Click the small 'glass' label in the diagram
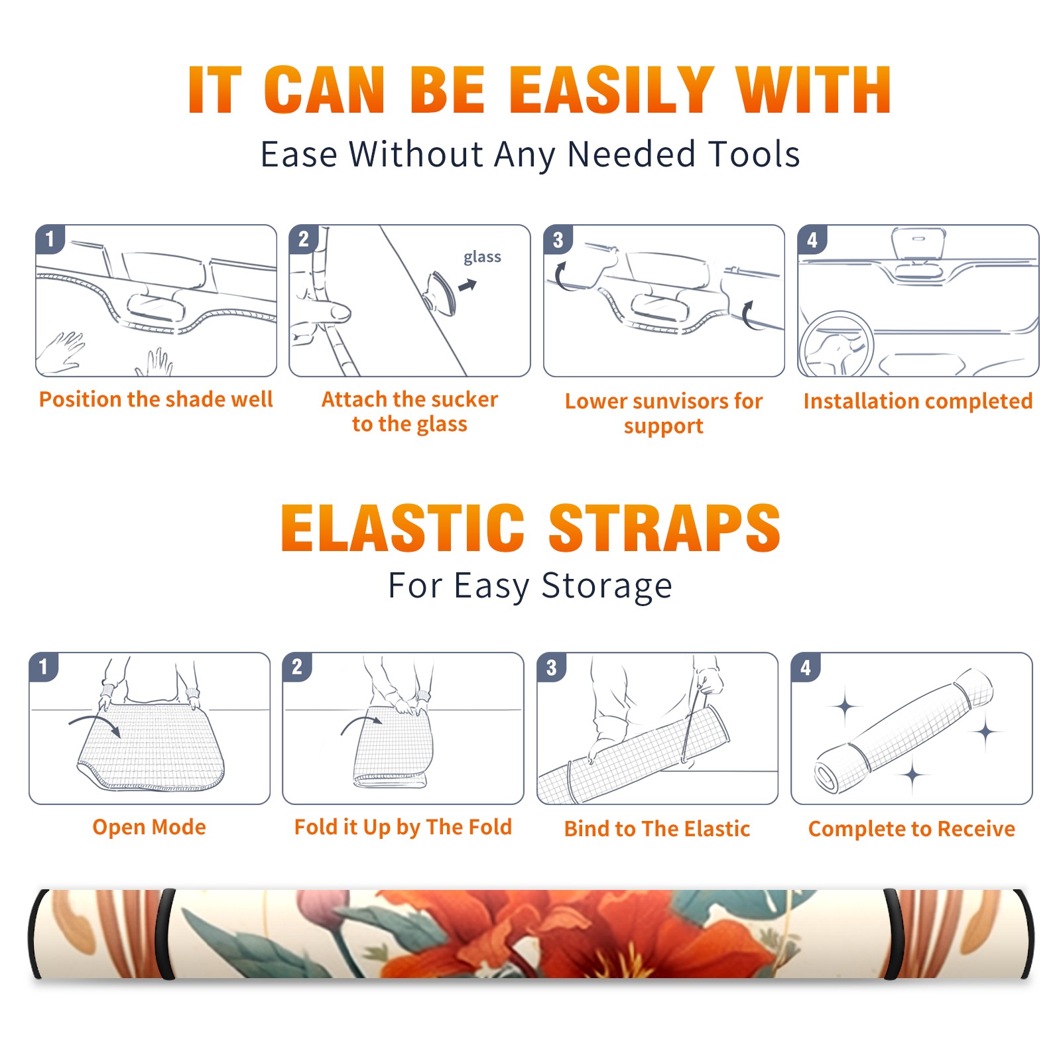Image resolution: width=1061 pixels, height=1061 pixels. pyautogui.click(x=482, y=257)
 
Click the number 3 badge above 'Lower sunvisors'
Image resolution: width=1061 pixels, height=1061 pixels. pyautogui.click(x=557, y=239)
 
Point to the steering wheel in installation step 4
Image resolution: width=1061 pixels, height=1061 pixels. pyautogui.click(x=836, y=345)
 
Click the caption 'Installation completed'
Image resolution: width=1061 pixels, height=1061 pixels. pyautogui.click(x=918, y=401)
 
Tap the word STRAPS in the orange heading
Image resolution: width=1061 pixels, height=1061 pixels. pyautogui.click(x=664, y=528)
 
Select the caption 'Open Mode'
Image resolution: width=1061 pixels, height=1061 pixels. pyautogui.click(x=149, y=827)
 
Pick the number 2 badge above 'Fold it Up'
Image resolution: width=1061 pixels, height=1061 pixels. pyautogui.click(x=296, y=666)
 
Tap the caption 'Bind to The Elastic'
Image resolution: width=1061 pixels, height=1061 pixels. pyautogui.click(x=656, y=829)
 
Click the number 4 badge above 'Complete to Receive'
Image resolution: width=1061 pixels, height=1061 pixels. pyautogui.click(x=806, y=667)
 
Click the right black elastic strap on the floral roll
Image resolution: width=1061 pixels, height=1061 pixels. pyautogui.click(x=893, y=934)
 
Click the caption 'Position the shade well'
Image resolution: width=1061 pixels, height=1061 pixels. pyautogui.click(x=156, y=399)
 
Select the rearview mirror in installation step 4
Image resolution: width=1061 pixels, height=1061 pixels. pyautogui.click(x=918, y=244)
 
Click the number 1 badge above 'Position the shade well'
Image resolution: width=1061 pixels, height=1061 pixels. pyautogui.click(x=50, y=239)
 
